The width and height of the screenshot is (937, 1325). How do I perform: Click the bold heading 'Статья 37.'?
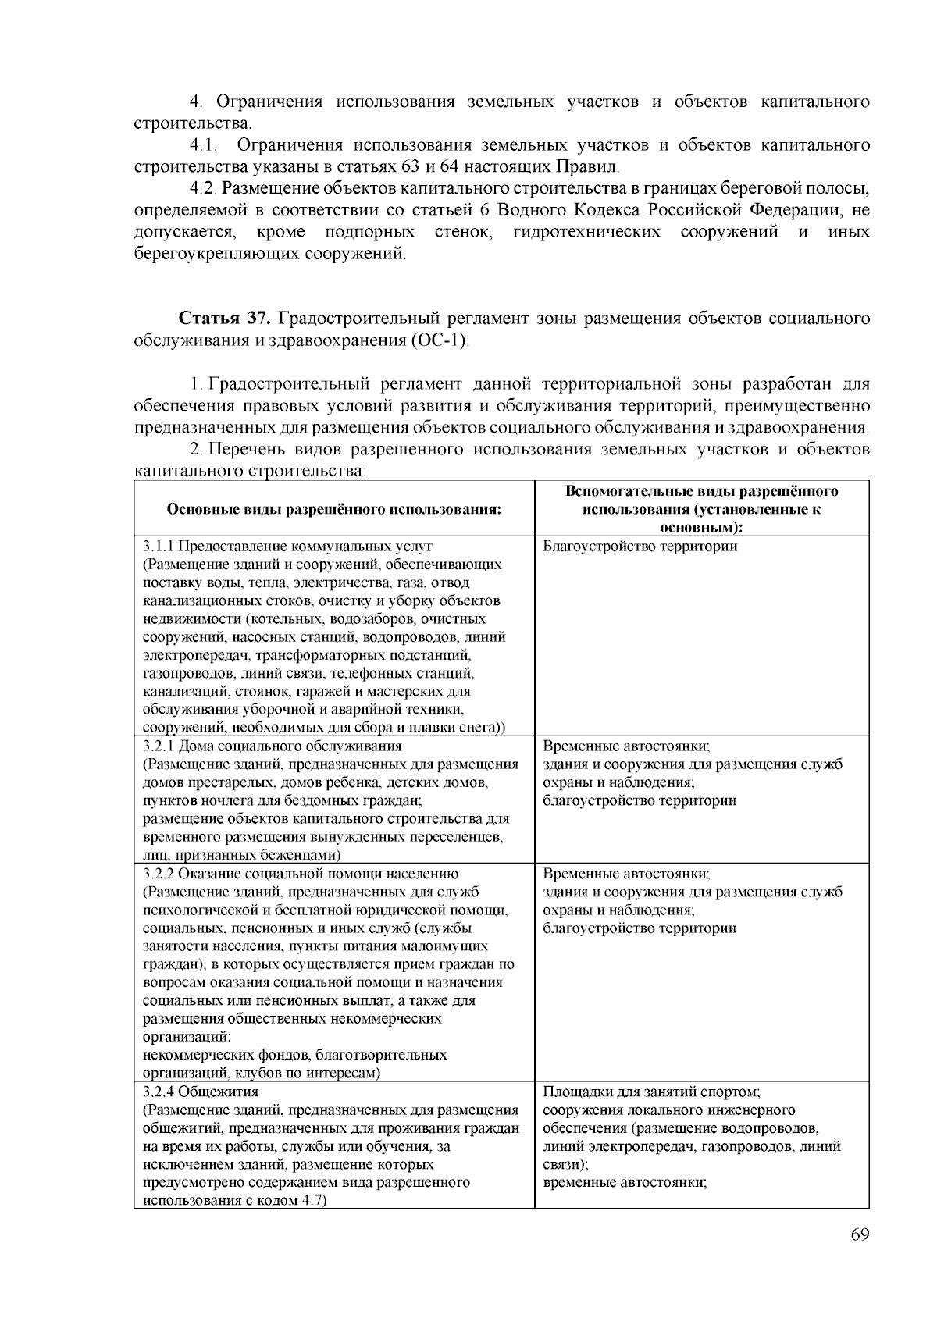(226, 319)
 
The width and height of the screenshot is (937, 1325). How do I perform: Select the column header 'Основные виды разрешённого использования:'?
(333, 510)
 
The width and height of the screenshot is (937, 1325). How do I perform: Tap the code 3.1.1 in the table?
(159, 547)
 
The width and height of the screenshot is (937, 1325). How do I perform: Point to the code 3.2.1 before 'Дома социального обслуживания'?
(159, 745)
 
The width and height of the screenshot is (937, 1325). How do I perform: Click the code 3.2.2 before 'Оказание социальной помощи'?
(159, 874)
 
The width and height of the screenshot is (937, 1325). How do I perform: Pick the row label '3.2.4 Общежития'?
(201, 1092)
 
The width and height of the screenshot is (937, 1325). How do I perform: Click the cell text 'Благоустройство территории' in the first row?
(640, 547)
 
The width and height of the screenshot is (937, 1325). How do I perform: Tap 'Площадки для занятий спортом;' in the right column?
(651, 1092)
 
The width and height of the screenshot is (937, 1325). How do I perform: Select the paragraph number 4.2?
(205, 189)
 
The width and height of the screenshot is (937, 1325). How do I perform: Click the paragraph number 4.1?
(202, 145)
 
